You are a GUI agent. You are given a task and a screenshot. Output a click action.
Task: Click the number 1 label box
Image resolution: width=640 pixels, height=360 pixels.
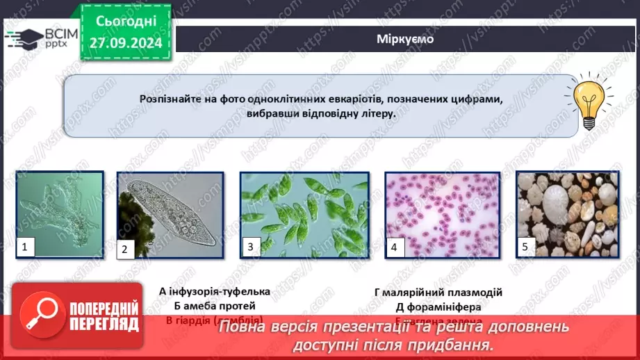pyautogui.click(x=26, y=247)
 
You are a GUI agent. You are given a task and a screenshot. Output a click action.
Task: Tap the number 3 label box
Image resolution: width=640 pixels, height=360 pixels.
pyautogui.click(x=250, y=247)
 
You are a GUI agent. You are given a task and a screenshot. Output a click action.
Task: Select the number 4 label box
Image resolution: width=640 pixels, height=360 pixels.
pyautogui.click(x=394, y=247)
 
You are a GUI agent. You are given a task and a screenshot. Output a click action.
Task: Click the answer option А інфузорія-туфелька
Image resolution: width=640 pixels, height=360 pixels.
pyautogui.click(x=214, y=292)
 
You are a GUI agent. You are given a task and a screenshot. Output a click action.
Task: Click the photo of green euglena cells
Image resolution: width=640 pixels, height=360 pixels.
pyautogui.click(x=304, y=215)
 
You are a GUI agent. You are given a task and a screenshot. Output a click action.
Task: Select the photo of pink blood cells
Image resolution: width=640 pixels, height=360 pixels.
pyautogui.click(x=442, y=215)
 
